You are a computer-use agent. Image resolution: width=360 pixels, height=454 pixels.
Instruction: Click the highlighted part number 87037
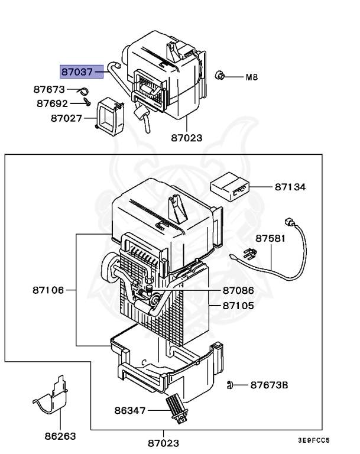tap(76, 72)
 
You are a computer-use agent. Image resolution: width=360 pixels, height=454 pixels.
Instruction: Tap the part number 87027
tap(66, 118)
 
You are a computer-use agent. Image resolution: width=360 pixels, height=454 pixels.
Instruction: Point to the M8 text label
tap(252, 77)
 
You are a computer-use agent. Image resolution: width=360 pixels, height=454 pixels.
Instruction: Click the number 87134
tap(290, 187)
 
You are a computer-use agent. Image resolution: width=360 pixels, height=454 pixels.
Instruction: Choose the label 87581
tap(271, 239)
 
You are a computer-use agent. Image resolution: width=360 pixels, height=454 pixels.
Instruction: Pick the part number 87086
tap(238, 291)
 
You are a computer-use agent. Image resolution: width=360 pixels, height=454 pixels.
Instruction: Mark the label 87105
tap(238, 306)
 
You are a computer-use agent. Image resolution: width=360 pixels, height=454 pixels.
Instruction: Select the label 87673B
tap(268, 385)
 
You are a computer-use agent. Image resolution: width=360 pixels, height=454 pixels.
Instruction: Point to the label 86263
tap(60, 437)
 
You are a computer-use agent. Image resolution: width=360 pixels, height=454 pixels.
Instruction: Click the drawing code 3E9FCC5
tap(313, 440)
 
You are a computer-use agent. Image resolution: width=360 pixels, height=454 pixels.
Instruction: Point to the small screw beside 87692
tap(86, 103)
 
